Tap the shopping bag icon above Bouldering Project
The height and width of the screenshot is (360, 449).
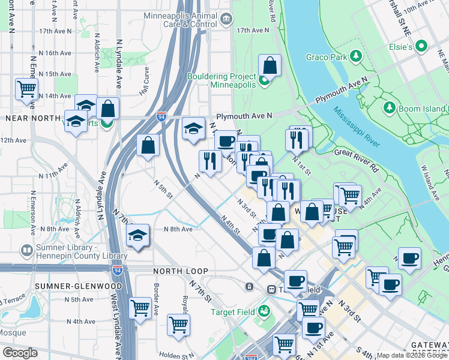point(270,65)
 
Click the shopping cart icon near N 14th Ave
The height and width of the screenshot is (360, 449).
point(26,89)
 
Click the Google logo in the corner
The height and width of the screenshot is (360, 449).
point(20,353)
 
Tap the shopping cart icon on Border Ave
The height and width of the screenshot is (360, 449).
point(140,308)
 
